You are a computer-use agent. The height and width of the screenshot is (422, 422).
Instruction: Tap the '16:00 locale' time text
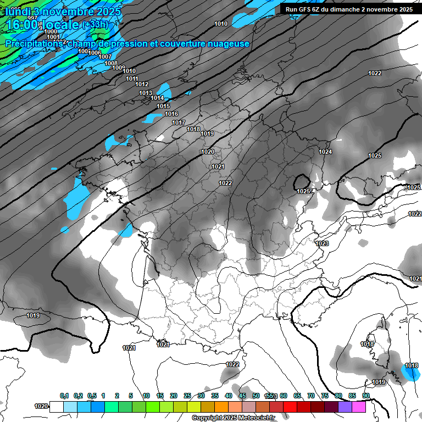tap(43, 25)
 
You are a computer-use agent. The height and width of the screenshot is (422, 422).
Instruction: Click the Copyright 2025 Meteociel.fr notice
tap(234, 418)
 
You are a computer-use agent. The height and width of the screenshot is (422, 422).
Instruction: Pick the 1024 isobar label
tap(325, 152)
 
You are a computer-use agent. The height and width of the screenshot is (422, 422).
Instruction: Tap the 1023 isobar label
tap(322, 243)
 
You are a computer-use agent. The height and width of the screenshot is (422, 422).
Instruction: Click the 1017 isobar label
tap(178, 123)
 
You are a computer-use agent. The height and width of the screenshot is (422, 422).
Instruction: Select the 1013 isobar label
tap(146, 93)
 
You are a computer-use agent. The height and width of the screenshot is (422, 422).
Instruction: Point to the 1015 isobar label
tap(163, 106)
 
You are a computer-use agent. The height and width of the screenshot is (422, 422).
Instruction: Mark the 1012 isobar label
tap(142, 84)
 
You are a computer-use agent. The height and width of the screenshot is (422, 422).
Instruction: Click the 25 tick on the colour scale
tap(187, 396)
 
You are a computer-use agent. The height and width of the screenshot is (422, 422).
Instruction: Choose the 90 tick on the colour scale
tap(365, 396)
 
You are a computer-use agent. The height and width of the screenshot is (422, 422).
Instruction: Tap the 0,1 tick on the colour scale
tap(64, 396)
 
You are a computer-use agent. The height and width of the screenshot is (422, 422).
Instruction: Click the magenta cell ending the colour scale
tap(359, 407)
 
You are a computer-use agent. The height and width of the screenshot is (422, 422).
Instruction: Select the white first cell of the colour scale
tap(56, 407)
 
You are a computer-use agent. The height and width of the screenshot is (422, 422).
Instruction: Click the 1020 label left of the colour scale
tap(41, 406)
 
